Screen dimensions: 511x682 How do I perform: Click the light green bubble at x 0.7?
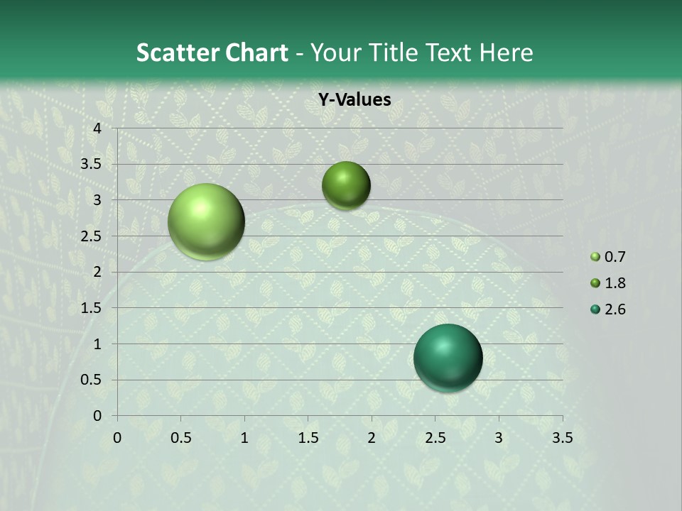(x=206, y=221)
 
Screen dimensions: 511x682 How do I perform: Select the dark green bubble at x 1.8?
(x=346, y=185)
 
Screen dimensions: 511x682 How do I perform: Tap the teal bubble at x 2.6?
(x=448, y=358)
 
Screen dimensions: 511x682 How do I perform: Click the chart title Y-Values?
(x=354, y=100)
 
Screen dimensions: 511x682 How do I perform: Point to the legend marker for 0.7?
(x=595, y=257)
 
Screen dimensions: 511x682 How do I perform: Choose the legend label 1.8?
(x=615, y=283)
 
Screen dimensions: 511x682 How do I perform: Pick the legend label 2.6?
(x=615, y=309)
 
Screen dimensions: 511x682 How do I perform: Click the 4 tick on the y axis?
(x=97, y=128)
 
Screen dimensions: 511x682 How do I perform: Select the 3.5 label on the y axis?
(x=92, y=164)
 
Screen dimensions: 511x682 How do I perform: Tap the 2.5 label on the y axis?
(x=92, y=236)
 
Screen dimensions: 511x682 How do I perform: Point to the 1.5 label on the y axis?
(x=92, y=308)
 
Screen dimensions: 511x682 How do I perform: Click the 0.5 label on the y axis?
(x=92, y=380)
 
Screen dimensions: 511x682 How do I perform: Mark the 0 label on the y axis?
(x=97, y=416)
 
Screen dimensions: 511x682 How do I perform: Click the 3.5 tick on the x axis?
(x=563, y=438)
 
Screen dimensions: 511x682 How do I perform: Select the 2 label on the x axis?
(x=372, y=438)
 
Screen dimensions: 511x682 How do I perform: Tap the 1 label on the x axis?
(x=244, y=438)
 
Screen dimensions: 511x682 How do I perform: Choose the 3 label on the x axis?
(x=499, y=438)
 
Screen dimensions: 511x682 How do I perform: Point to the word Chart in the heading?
(x=256, y=53)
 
